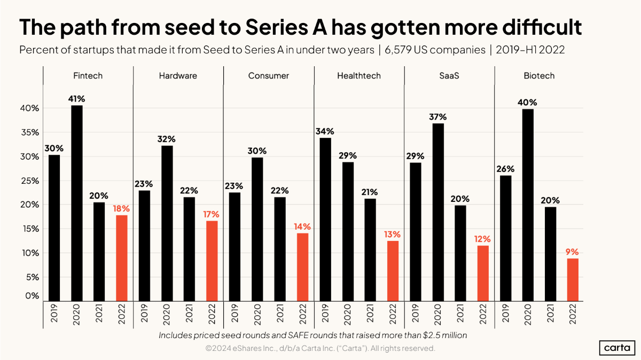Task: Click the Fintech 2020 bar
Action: click(77, 203)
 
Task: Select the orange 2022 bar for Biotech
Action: click(573, 280)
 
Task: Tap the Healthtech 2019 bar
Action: click(325, 220)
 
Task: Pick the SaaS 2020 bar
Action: click(438, 213)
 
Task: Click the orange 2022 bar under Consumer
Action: click(302, 267)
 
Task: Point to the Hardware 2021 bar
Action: click(189, 249)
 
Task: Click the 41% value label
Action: click(76, 99)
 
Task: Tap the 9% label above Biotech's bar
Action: click(572, 252)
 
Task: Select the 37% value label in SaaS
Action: click(438, 117)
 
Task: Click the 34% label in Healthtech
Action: click(325, 131)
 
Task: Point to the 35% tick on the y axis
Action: click(30, 132)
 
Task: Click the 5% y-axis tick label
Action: click(33, 277)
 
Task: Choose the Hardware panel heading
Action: click(178, 75)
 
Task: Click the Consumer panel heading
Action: click(268, 75)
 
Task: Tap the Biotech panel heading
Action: click(539, 75)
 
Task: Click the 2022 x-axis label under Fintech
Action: click(122, 314)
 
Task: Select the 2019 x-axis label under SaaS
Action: click(415, 314)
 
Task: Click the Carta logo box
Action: click(617, 348)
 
